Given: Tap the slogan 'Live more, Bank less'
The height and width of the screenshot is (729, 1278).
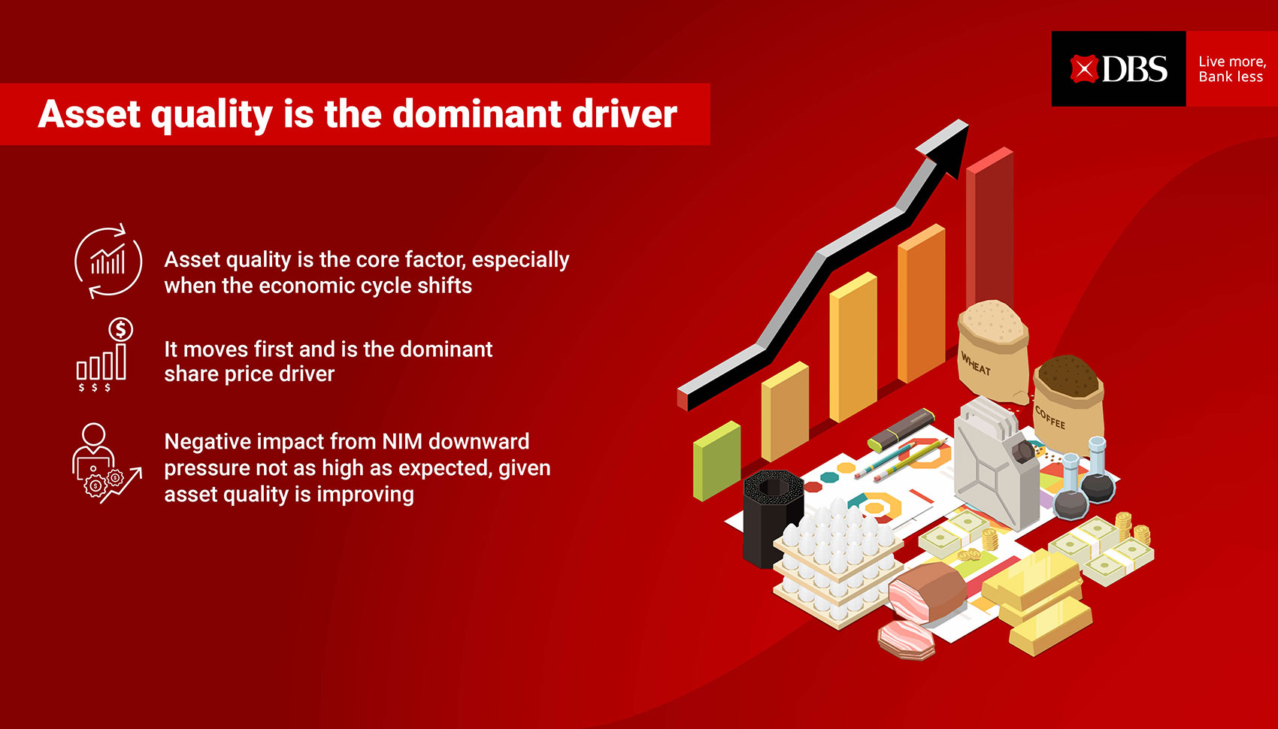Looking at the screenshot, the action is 1232,69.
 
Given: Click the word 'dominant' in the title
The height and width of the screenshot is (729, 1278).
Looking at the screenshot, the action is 477,114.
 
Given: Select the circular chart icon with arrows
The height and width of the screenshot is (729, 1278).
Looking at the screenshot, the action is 108,262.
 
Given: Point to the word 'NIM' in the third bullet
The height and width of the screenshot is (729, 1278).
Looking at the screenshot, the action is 402,441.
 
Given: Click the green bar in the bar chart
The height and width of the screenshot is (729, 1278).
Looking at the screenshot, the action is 716,461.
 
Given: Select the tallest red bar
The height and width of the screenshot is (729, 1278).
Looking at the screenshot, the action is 989,228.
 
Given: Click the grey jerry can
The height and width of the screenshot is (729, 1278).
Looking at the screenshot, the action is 996,462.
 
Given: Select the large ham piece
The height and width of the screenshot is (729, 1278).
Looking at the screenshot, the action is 927,592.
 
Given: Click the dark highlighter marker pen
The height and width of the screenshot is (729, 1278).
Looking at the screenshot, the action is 901,430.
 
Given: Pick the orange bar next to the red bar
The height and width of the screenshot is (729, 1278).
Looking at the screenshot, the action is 922,304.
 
